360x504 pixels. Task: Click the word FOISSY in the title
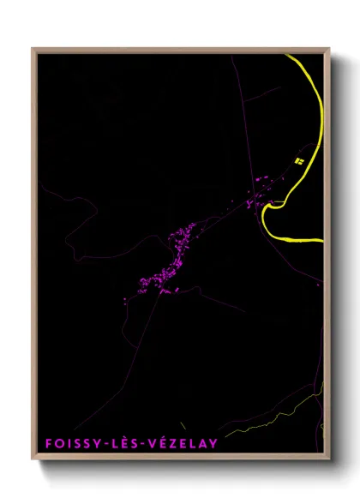[69, 443]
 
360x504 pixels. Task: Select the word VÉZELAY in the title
[183, 443]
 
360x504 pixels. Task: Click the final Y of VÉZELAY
[213, 443]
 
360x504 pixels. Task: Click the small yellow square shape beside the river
[299, 160]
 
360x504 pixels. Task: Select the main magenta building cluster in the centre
[171, 257]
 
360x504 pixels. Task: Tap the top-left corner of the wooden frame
[33, 49]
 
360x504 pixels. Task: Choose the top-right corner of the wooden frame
[329, 49]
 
